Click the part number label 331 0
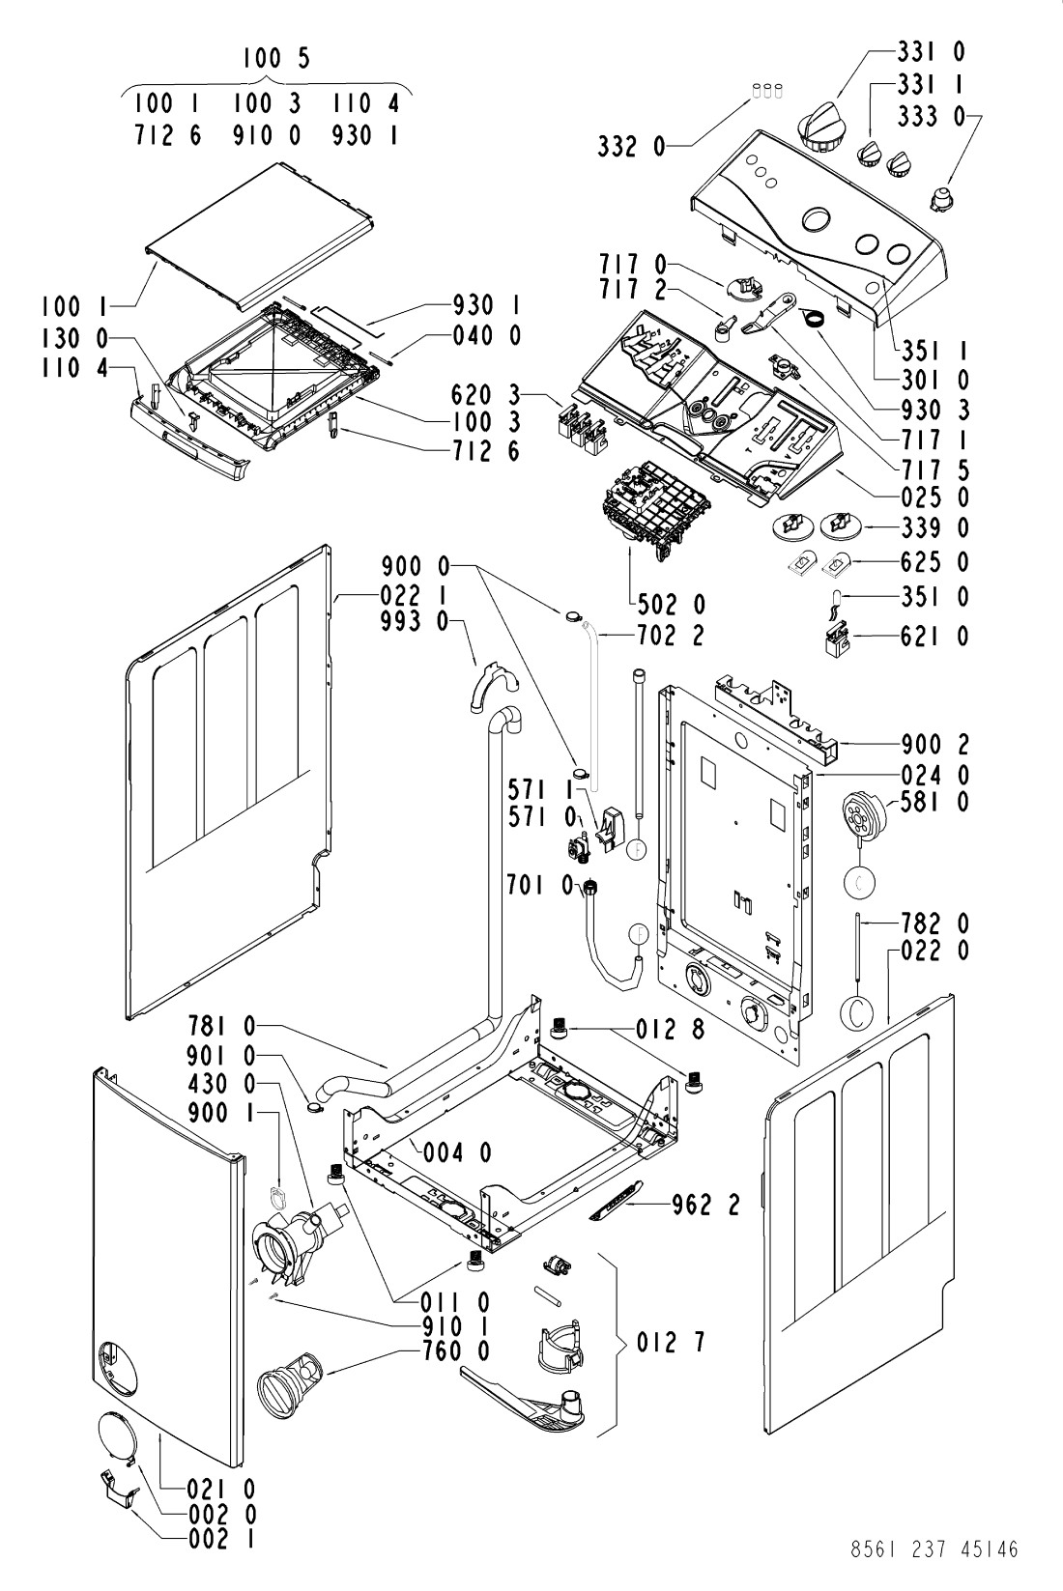point(932,52)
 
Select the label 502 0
point(671,605)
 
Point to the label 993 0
point(416,622)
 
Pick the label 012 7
point(671,1343)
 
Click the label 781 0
point(221,1026)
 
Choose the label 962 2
point(705,1205)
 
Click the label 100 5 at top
point(276,58)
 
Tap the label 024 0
point(935,774)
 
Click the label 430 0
point(221,1085)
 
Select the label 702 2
point(671,635)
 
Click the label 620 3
point(486,394)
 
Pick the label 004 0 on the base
point(458,1152)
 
